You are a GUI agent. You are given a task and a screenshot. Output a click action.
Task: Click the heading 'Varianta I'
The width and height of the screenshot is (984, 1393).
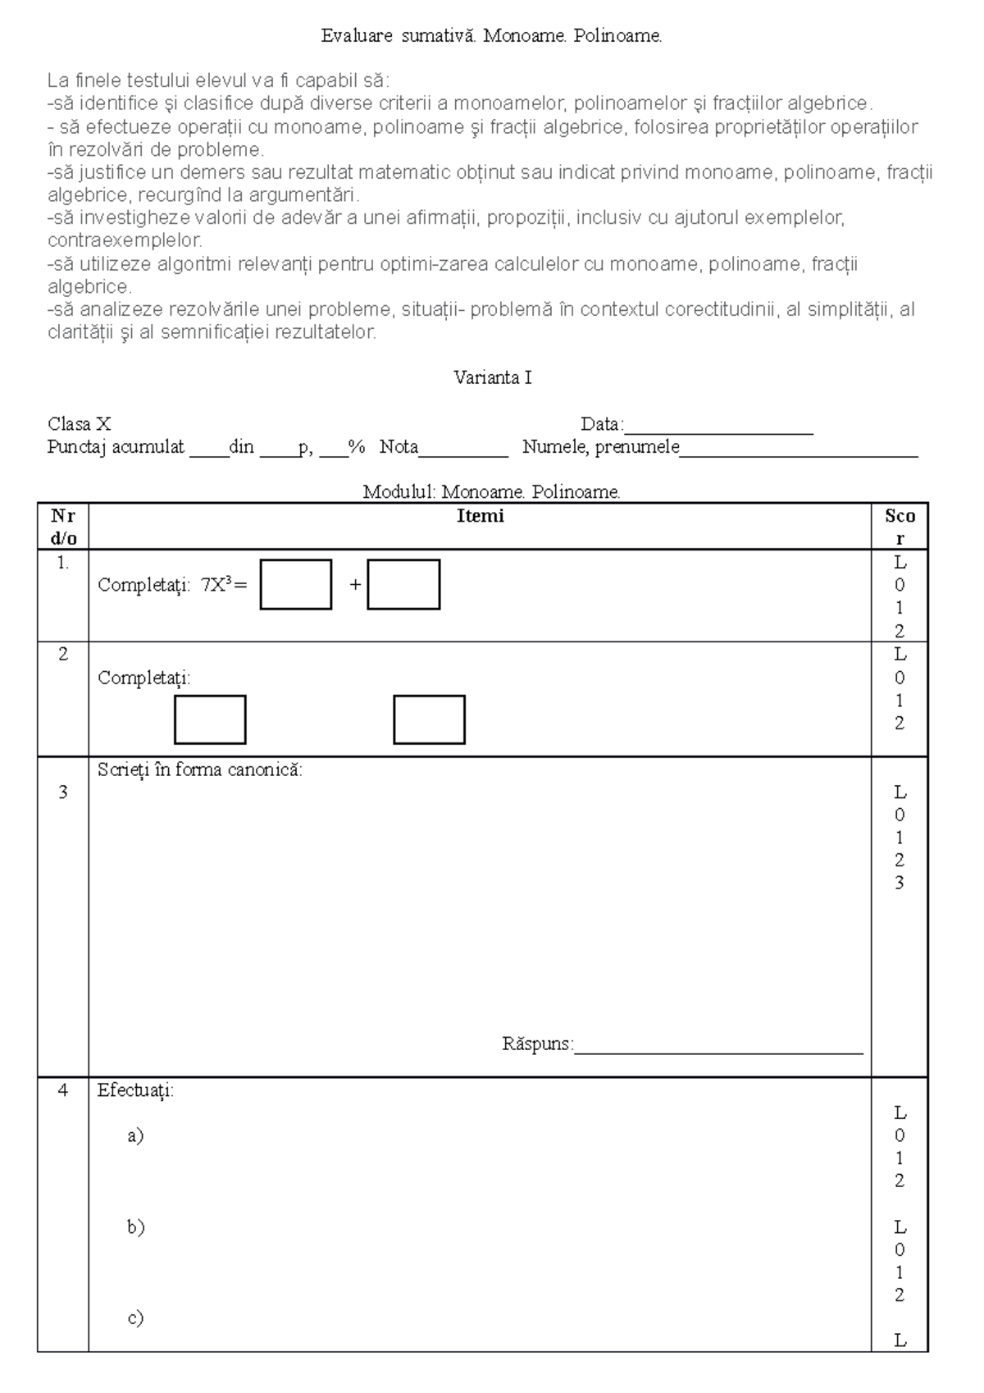tap(492, 378)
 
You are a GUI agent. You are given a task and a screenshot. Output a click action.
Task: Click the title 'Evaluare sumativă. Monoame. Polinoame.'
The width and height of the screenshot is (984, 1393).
tap(491, 36)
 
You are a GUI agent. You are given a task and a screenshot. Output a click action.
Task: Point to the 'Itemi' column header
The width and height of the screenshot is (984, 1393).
tap(480, 516)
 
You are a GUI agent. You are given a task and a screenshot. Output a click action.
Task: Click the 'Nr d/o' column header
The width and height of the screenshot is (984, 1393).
tap(63, 527)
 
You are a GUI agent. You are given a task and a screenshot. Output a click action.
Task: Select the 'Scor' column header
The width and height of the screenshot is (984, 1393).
tap(900, 527)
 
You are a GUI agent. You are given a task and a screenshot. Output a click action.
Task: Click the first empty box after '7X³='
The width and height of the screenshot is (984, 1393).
tap(296, 584)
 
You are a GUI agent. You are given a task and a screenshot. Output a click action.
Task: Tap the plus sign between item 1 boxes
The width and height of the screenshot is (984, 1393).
tap(355, 585)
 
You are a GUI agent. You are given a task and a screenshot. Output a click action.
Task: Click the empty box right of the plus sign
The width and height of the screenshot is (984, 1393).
tap(403, 584)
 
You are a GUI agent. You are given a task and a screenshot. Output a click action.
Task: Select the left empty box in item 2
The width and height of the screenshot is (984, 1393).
tap(210, 719)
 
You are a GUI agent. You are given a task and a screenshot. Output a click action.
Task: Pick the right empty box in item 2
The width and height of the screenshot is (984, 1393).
tap(429, 719)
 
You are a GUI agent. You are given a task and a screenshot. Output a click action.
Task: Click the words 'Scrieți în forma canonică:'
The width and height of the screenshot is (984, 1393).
tap(200, 770)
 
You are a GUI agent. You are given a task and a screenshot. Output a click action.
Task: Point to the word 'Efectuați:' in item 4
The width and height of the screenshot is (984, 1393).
tap(135, 1091)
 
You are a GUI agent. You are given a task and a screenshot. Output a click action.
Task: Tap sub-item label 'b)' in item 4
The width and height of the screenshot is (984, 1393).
tap(135, 1227)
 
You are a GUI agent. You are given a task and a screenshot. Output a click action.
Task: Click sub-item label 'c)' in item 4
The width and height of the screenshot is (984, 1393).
tap(135, 1318)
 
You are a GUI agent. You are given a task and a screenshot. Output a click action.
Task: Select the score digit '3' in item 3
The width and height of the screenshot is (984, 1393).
tap(900, 884)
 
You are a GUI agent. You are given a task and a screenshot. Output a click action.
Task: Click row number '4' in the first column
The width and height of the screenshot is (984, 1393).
tap(63, 1091)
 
